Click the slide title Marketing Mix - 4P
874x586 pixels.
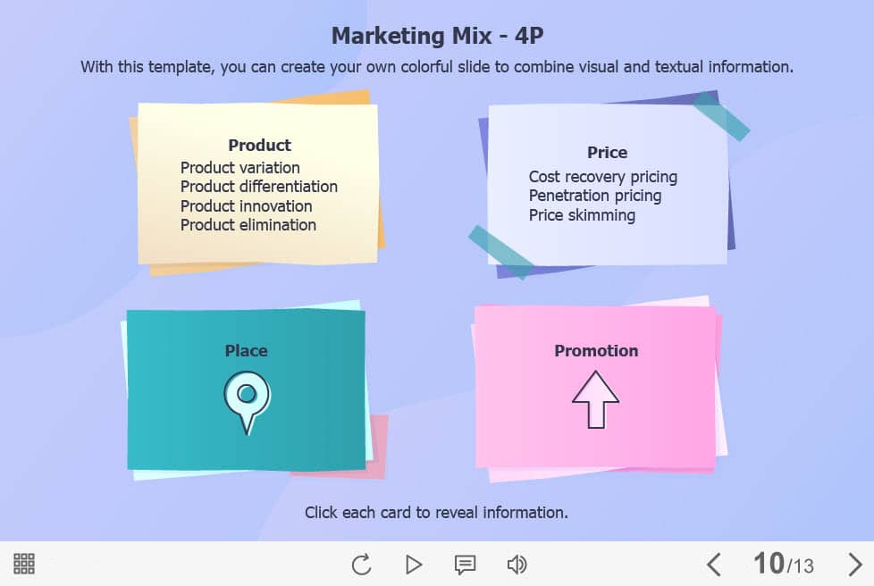(437, 37)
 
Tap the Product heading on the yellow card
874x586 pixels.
(259, 146)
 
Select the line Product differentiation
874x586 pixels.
(258, 187)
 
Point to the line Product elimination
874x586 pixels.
(248, 225)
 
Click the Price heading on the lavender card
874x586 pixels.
(607, 153)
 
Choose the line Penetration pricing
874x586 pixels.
(595, 196)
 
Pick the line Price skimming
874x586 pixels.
(582, 215)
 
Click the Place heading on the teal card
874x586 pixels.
(246, 351)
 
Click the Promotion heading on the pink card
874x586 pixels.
(596, 351)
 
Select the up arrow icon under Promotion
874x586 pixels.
(595, 399)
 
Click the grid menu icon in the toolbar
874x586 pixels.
(24, 564)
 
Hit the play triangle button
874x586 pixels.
(413, 565)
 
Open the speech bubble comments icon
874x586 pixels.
(465, 565)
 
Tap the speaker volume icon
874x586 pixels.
(517, 565)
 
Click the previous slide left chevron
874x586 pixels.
(714, 565)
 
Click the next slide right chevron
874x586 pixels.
(854, 565)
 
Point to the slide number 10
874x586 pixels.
(769, 563)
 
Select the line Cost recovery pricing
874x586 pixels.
(602, 177)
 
